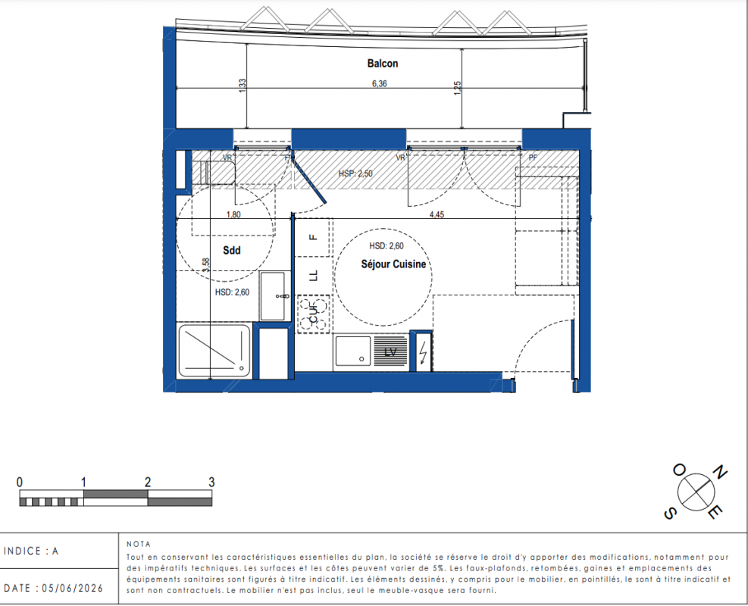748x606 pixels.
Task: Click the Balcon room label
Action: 382,64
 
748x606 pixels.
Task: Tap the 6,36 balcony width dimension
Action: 379,83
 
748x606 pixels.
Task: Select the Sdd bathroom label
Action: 232,250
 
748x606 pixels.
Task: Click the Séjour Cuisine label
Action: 393,264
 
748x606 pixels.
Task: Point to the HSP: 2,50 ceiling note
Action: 355,173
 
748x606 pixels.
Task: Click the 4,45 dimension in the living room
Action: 437,214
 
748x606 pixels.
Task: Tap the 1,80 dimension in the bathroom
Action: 233,214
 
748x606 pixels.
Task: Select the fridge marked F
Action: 314,237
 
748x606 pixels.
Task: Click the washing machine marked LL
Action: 314,276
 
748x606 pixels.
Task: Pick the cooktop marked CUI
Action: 314,314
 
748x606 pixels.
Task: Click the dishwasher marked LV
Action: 391,352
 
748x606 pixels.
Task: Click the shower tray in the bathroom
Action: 214,351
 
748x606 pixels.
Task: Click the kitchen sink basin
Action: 353,351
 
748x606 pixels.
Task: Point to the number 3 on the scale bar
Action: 211,482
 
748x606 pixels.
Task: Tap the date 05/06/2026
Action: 73,588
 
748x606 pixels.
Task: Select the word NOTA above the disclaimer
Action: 139,544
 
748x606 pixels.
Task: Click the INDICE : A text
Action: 31,551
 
